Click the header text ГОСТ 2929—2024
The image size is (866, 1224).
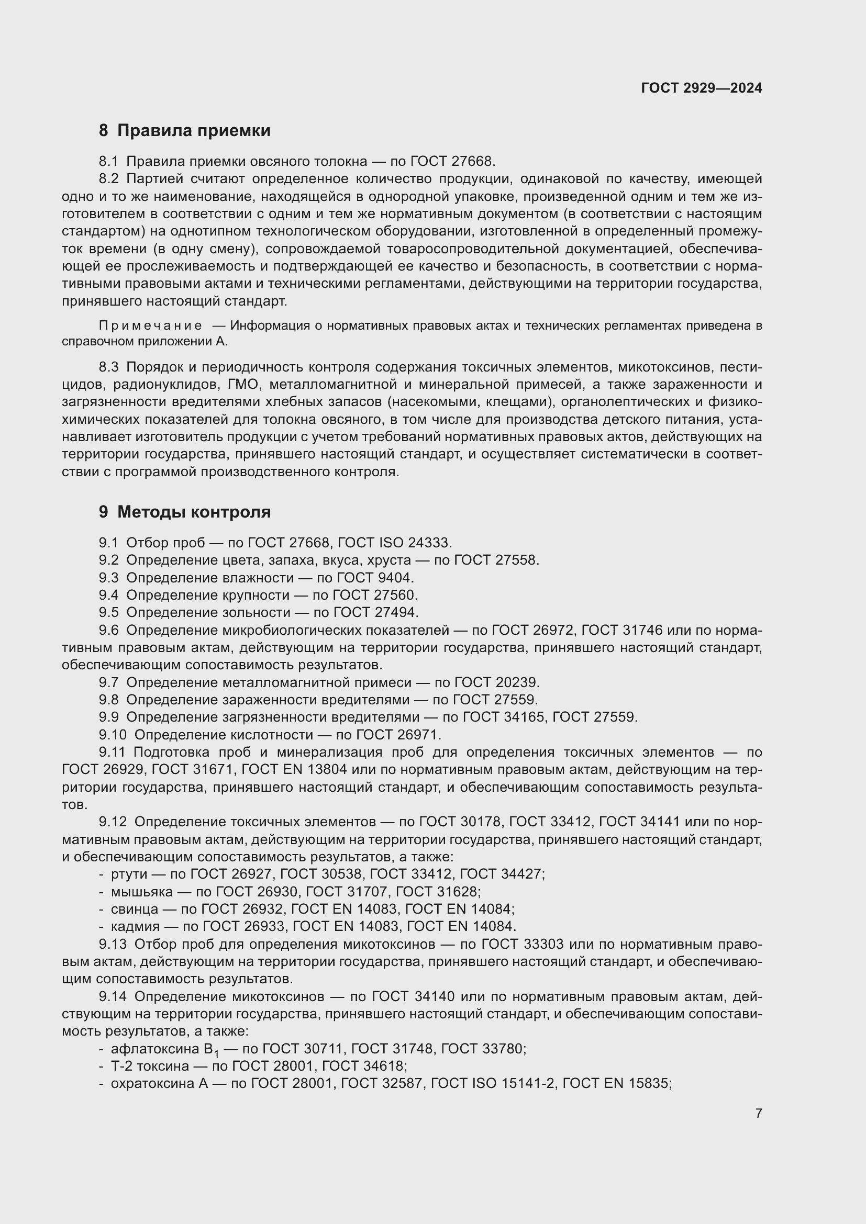pyautogui.click(x=701, y=88)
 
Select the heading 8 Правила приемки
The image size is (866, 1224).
pyautogui.click(x=184, y=131)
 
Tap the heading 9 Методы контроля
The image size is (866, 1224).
pyautogui.click(x=184, y=512)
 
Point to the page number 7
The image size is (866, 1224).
pyautogui.click(x=758, y=1113)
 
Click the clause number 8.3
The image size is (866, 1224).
pyautogui.click(x=109, y=367)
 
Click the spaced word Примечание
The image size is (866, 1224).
pyautogui.click(x=150, y=325)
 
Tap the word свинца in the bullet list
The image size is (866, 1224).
pyautogui.click(x=135, y=909)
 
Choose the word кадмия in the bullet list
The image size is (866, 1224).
pyautogui.click(x=135, y=927)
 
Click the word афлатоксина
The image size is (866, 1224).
pyautogui.click(x=155, y=1049)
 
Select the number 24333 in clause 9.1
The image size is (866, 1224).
pyautogui.click(x=429, y=543)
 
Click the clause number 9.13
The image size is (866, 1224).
pyautogui.click(x=113, y=944)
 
